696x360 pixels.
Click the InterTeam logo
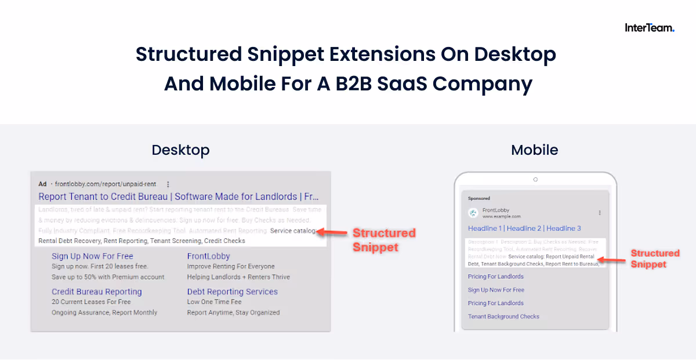(x=649, y=27)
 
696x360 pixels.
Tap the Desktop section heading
(x=180, y=150)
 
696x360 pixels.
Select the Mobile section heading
(x=534, y=150)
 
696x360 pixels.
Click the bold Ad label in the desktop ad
(x=42, y=184)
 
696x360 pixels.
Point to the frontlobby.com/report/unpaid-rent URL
(x=106, y=184)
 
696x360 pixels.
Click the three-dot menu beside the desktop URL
(x=168, y=184)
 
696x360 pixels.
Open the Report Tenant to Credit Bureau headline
(x=179, y=197)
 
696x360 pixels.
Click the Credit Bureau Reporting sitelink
(x=96, y=292)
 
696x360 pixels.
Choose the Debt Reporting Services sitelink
(x=232, y=292)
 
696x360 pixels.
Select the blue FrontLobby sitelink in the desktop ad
(x=208, y=256)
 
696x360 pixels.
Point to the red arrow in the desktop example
(x=332, y=232)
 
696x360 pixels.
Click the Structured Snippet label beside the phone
(x=655, y=259)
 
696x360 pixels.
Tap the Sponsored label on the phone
(x=479, y=198)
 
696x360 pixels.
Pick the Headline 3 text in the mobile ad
(x=563, y=228)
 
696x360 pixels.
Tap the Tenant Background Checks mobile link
(x=503, y=317)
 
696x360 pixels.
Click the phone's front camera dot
(x=535, y=179)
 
